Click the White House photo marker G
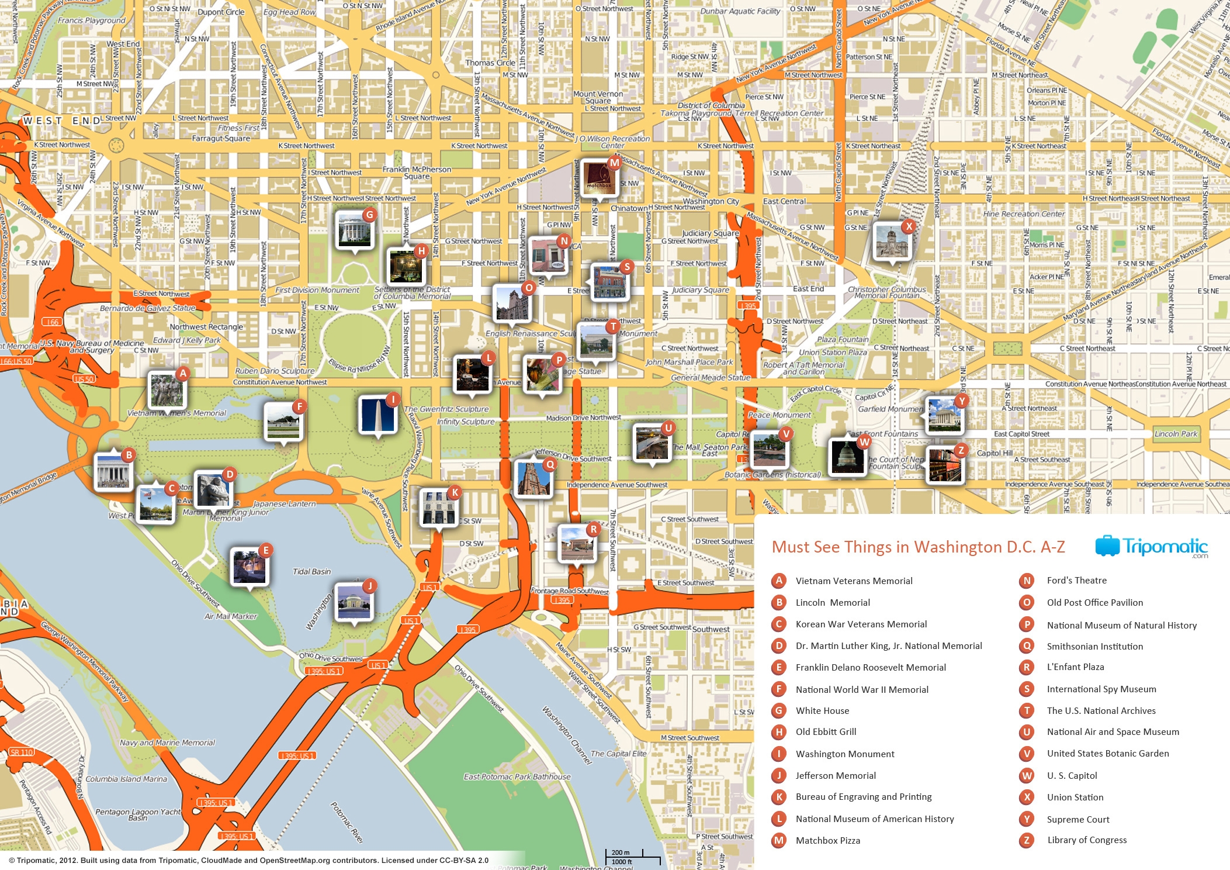pos(354,230)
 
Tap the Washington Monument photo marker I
pos(377,415)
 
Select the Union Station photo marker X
pos(892,241)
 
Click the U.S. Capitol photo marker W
pos(847,456)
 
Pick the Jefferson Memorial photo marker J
pos(354,601)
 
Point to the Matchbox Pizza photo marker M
pos(599,178)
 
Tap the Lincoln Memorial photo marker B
pos(113,469)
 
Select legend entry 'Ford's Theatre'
pos(1076,581)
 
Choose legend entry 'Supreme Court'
pos(1077,819)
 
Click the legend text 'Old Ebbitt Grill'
pos(826,732)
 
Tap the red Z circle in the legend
pos(1027,840)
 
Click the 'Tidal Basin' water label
pos(311,571)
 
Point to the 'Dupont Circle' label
pos(221,12)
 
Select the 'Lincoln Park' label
pos(1176,434)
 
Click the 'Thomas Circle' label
pos(490,63)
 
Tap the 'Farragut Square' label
pos(221,139)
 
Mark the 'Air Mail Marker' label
pos(231,616)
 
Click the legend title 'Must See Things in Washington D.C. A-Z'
pos(918,547)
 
